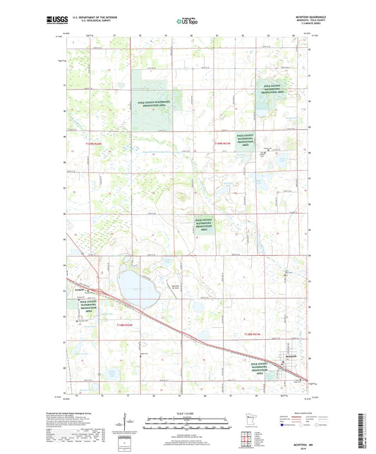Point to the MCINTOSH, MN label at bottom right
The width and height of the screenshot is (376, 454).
338,442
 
